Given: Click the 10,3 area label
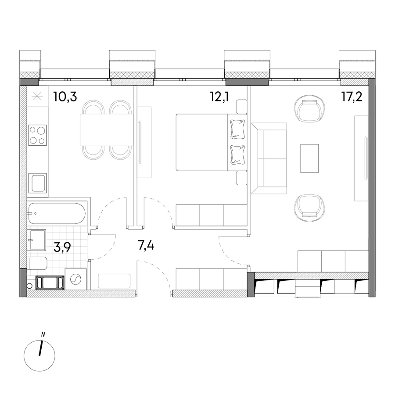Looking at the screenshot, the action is [65, 97].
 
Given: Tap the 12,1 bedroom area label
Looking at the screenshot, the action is [219, 97].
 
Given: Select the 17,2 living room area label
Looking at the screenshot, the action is [352, 97].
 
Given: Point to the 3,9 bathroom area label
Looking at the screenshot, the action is [62, 248].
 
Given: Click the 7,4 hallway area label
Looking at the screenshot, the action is [146, 245].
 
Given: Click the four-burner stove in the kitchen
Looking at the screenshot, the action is [38, 135].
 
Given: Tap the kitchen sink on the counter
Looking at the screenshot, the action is [38, 183].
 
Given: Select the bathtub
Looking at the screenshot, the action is [57, 214].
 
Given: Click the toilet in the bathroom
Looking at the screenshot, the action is [37, 263].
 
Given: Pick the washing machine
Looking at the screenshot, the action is [75, 279].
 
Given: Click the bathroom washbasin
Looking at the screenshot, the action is [37, 240].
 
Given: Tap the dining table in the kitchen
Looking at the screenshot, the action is [107, 130].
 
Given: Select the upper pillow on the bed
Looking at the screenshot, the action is [237, 129].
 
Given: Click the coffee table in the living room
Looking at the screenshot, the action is [309, 158].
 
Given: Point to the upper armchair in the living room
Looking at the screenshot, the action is [309, 109].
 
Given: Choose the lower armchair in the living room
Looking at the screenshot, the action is [309, 208].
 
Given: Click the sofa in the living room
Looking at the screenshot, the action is [269, 158].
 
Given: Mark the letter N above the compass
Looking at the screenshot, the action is [43, 335].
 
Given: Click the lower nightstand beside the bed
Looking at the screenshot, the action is [242, 178].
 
